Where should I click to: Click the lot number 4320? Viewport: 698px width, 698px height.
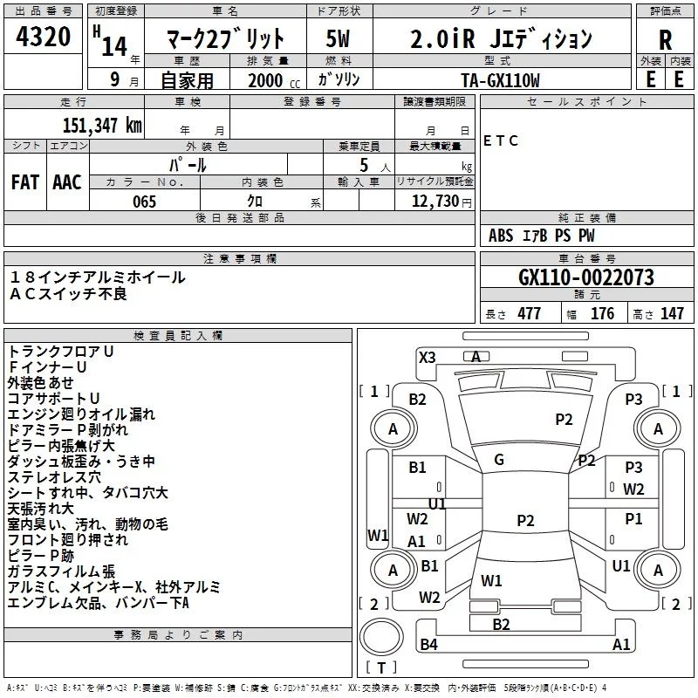(44, 39)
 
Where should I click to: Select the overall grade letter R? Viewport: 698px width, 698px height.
(665, 39)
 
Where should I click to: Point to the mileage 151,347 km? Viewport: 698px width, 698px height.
(102, 125)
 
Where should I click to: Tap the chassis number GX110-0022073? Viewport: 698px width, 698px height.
(586, 277)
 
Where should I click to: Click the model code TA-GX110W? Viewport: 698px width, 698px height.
(500, 79)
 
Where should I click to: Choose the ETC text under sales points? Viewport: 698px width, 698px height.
(501, 140)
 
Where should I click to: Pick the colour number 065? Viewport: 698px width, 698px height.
(144, 202)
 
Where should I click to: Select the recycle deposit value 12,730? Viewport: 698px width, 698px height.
(435, 202)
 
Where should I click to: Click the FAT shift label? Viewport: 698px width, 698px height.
(25, 181)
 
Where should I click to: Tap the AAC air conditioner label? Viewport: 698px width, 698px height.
(67, 181)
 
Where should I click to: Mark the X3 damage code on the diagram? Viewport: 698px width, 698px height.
(428, 357)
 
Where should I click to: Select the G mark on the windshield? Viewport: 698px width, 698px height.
(499, 460)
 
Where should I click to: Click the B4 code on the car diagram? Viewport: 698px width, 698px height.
(428, 645)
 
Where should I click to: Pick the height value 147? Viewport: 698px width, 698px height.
(672, 314)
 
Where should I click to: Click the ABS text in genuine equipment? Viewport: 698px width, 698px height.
(501, 236)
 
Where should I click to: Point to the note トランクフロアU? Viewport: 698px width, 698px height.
(61, 351)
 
